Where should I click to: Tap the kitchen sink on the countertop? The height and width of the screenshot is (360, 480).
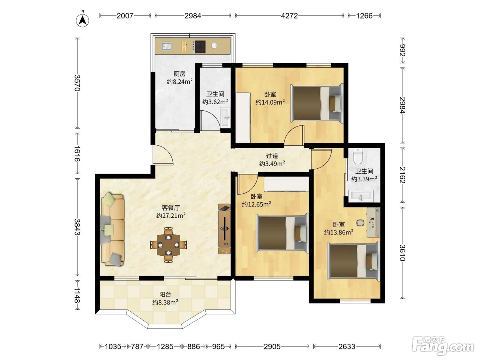pyautogui.click(x=167, y=46)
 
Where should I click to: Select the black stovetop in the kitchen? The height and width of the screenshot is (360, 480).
pyautogui.click(x=200, y=47)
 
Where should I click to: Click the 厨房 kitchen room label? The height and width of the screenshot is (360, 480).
pyautogui.click(x=180, y=74)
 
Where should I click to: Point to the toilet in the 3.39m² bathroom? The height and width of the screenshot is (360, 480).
pyautogui.click(x=358, y=156)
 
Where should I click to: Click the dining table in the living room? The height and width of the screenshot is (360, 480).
pyautogui.click(x=168, y=245)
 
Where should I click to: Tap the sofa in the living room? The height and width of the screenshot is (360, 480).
pyautogui.click(x=112, y=229)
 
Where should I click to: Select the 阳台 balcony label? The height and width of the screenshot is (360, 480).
pyautogui.click(x=165, y=295)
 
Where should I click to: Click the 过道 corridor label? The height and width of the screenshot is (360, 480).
pyautogui.click(x=272, y=156)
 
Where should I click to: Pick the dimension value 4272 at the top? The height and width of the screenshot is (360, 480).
pyautogui.click(x=289, y=16)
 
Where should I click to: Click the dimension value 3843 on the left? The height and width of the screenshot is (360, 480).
pyautogui.click(x=77, y=227)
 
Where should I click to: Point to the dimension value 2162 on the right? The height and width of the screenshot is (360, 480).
pyautogui.click(x=403, y=175)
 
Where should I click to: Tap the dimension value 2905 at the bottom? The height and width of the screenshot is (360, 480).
pyautogui.click(x=272, y=346)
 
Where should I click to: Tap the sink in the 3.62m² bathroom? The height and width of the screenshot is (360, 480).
pyautogui.click(x=225, y=117)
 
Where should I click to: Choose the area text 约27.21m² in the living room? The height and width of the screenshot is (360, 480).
pyautogui.click(x=171, y=216)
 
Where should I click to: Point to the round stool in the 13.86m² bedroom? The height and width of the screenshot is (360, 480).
pyautogui.click(x=360, y=223)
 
